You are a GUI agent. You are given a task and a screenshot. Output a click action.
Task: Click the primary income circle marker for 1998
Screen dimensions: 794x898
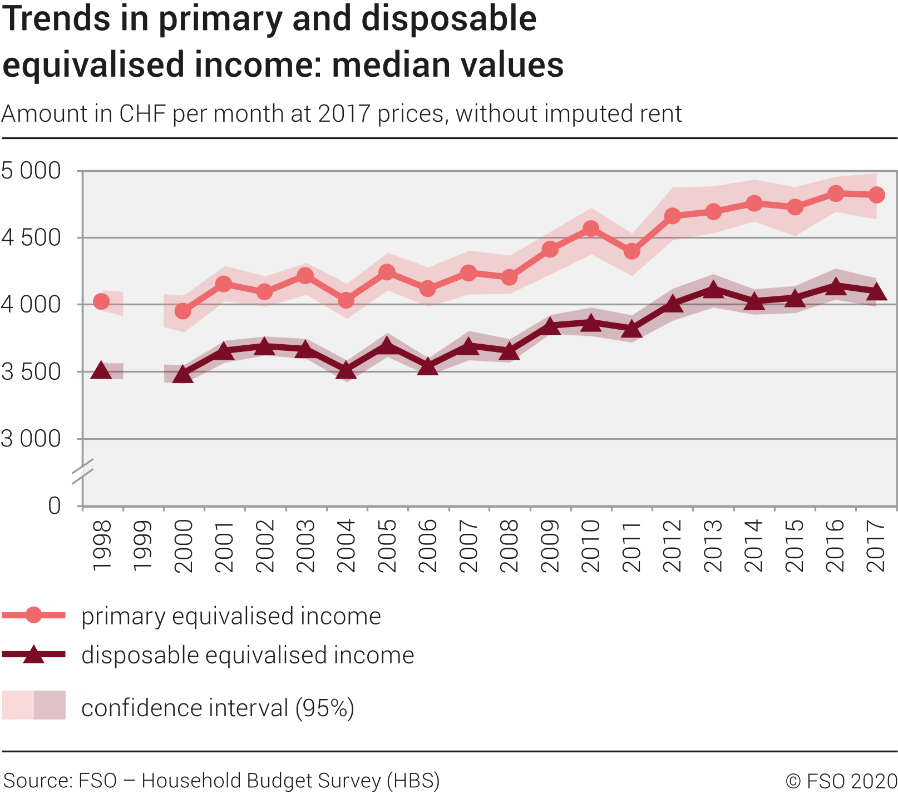click(101, 301)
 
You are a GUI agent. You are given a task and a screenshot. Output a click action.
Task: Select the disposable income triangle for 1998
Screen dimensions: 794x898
click(101, 370)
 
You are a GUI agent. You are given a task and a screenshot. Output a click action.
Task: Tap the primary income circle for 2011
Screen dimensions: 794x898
click(631, 251)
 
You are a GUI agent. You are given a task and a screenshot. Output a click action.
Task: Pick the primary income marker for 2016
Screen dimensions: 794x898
click(836, 193)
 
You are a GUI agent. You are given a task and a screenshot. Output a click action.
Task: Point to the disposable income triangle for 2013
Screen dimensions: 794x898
click(713, 290)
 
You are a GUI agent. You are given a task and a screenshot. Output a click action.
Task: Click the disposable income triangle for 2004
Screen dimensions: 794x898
click(346, 370)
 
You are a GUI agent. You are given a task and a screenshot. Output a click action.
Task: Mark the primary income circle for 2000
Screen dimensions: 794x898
click(183, 311)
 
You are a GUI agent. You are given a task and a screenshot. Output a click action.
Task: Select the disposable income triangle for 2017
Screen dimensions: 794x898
click(877, 291)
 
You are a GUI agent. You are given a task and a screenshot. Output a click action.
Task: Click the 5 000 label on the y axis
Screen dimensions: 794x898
click(31, 171)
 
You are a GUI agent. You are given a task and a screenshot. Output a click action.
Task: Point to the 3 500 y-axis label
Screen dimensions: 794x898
click(31, 372)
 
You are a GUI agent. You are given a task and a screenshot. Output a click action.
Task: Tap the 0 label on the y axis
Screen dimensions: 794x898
click(55, 506)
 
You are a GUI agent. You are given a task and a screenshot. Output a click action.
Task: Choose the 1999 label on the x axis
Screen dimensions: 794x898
click(142, 545)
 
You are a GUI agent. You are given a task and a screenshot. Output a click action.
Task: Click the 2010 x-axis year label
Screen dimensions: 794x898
click(591, 545)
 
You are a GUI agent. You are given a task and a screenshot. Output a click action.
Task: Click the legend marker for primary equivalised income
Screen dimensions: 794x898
click(34, 615)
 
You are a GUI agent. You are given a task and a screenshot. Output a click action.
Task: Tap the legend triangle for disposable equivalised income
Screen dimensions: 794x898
click(34, 654)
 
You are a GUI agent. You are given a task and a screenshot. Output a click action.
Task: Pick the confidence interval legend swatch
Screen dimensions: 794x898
click(34, 705)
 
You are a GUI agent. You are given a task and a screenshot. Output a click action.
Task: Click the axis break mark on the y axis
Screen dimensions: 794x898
click(82, 471)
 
